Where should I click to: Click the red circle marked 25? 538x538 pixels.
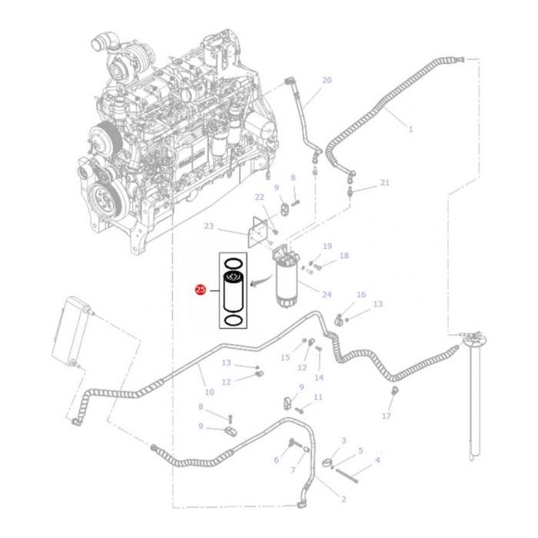[x=201, y=291]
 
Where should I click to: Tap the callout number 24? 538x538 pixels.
[x=326, y=294]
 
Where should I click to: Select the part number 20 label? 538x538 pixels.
[x=326, y=81]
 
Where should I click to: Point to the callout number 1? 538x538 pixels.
[x=410, y=129]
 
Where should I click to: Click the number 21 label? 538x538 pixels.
[x=385, y=183]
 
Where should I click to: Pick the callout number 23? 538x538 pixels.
[x=208, y=227]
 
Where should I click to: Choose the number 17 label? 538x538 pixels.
[x=386, y=416]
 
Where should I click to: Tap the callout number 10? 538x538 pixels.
[x=209, y=393]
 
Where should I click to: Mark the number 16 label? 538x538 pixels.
[x=360, y=295]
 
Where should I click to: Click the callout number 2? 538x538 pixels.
[x=343, y=500]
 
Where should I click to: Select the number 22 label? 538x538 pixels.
[x=260, y=198]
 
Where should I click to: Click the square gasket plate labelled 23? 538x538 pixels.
[x=260, y=231]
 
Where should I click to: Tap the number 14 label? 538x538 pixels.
[x=319, y=377]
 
